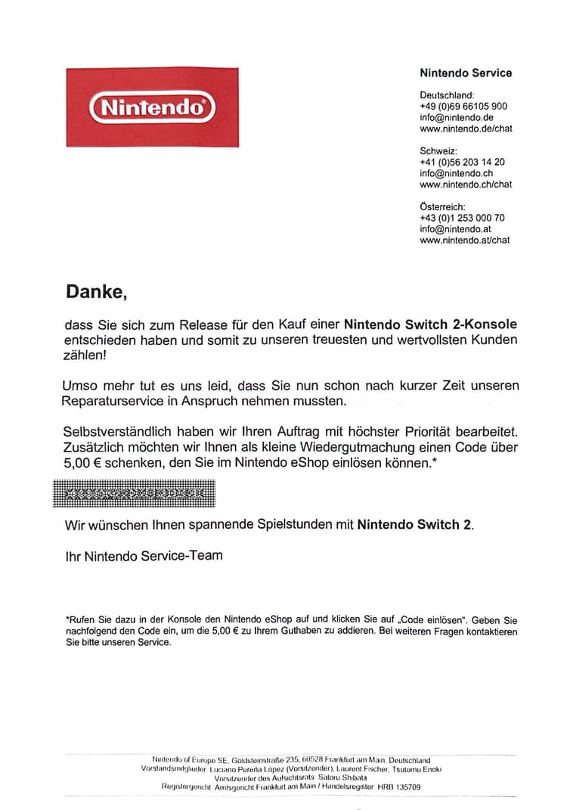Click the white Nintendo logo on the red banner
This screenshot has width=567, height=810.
(152, 107)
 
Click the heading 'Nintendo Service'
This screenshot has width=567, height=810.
(466, 73)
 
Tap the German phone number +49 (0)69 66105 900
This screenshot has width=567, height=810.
(463, 107)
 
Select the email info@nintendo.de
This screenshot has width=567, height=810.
(457, 117)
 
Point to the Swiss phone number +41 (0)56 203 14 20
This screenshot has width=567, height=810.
(462, 162)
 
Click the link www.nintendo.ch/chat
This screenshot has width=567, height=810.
(466, 184)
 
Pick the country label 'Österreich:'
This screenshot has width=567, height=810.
(443, 206)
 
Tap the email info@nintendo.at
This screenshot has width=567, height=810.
(456, 229)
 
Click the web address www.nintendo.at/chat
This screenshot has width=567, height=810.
(465, 241)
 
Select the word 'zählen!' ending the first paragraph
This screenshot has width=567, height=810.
(85, 354)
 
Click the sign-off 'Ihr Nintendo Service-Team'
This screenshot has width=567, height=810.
(144, 556)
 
